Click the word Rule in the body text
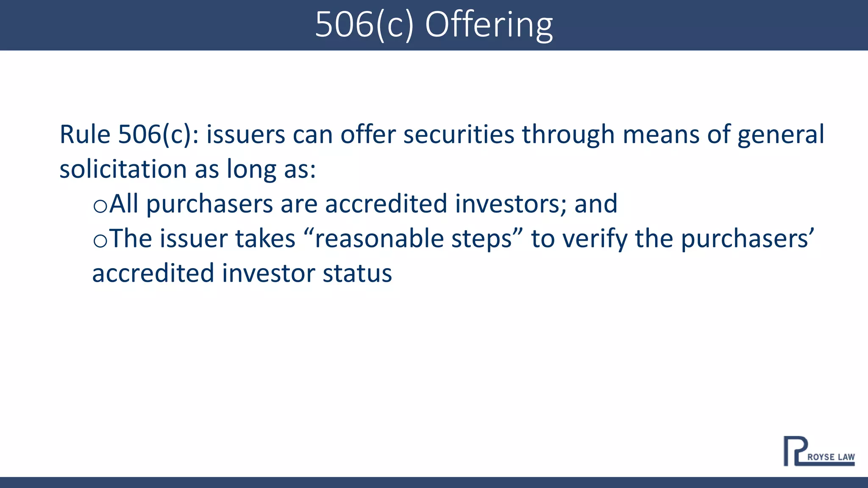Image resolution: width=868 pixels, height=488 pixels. point(85,134)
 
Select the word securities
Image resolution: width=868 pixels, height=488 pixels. point(459,134)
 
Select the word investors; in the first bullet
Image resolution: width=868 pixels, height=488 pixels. point(510,204)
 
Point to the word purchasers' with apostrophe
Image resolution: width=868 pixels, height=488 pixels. point(747,239)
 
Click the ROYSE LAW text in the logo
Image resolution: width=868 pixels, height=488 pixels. point(831,457)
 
